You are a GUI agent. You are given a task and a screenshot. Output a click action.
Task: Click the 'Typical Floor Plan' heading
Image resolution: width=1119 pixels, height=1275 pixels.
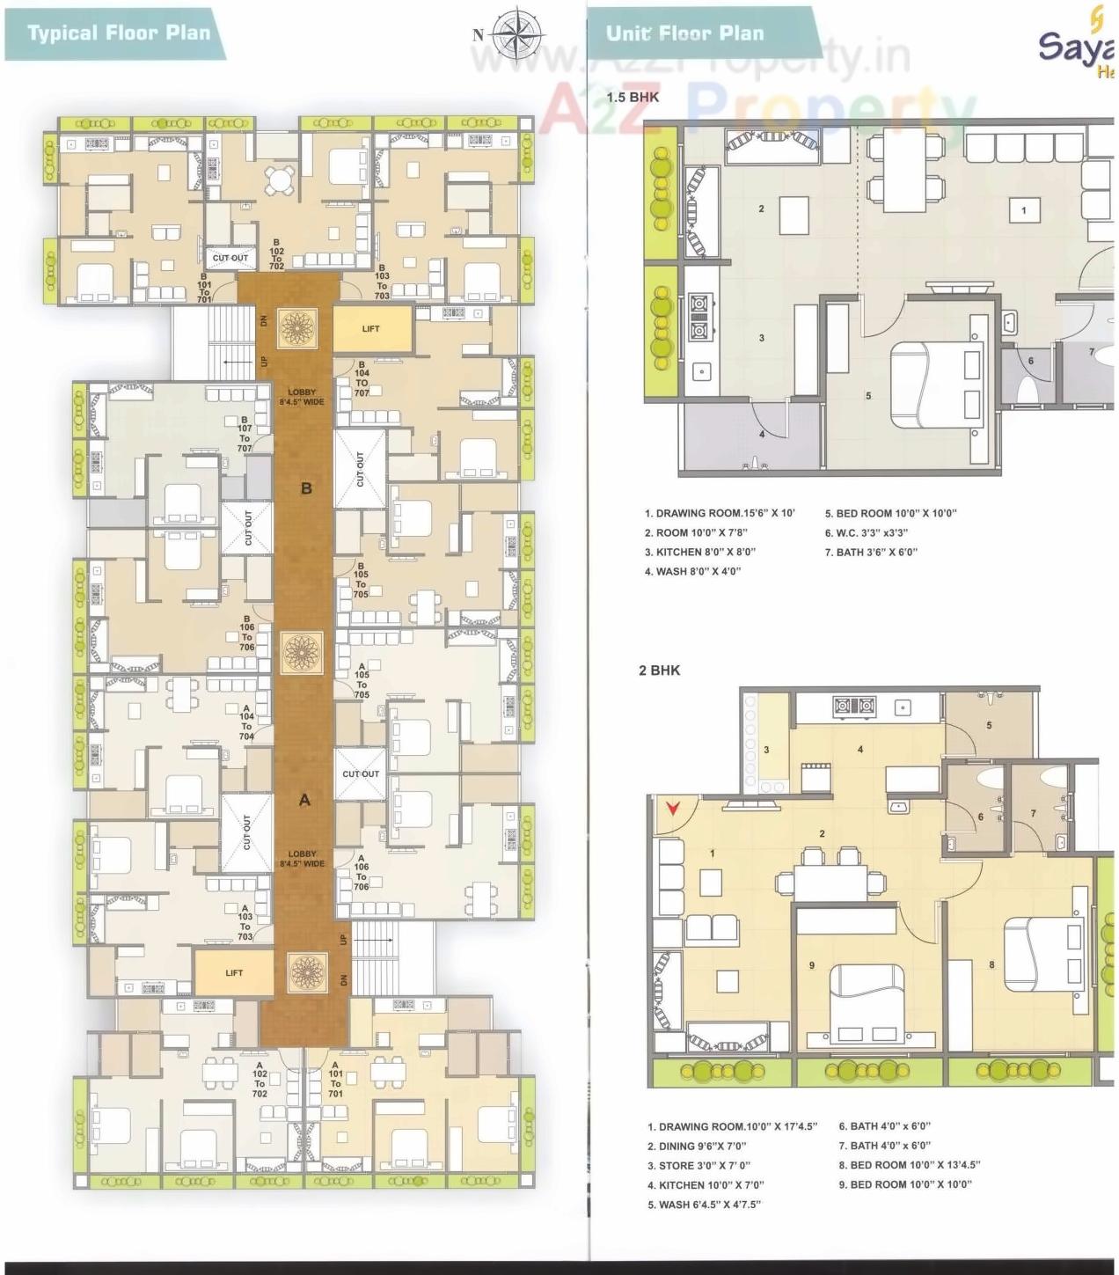point(118,33)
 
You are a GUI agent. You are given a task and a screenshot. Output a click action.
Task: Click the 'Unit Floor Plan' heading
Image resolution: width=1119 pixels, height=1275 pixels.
point(684,33)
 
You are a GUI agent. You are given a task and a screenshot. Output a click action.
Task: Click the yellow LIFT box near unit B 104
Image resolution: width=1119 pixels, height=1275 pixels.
point(371,328)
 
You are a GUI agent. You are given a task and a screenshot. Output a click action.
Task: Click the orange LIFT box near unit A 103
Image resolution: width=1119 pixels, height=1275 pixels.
point(233,972)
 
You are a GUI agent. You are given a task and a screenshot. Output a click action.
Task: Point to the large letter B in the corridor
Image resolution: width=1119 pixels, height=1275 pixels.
point(306,488)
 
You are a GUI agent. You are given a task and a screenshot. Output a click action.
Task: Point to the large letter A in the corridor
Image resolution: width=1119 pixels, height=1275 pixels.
point(304,800)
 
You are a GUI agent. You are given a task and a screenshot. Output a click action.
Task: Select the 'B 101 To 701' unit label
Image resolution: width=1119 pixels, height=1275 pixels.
point(204,286)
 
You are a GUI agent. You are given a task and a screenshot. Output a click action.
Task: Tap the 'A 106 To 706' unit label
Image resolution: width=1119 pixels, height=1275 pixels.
point(361,872)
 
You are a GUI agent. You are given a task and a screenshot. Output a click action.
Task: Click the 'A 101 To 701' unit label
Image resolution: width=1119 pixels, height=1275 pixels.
point(335,1079)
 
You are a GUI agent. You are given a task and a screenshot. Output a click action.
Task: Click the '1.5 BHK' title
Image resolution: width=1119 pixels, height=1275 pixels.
point(632,98)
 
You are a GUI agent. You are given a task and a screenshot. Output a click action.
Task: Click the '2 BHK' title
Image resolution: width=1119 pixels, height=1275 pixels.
point(659,670)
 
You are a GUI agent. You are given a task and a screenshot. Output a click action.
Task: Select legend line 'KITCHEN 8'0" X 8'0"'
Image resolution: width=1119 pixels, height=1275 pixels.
point(700,552)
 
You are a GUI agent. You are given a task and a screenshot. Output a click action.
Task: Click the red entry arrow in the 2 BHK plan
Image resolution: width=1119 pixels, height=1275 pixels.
point(675,807)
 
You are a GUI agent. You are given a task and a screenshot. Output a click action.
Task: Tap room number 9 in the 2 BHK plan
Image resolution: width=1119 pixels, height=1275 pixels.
point(811,965)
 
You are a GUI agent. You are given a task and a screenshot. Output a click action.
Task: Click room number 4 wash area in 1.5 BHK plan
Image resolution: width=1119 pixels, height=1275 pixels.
point(761,433)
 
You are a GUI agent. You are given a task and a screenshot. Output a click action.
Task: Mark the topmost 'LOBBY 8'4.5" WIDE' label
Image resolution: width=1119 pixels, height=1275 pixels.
point(302,397)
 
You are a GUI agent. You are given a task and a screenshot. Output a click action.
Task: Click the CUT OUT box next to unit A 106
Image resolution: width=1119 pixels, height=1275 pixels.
point(361,773)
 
